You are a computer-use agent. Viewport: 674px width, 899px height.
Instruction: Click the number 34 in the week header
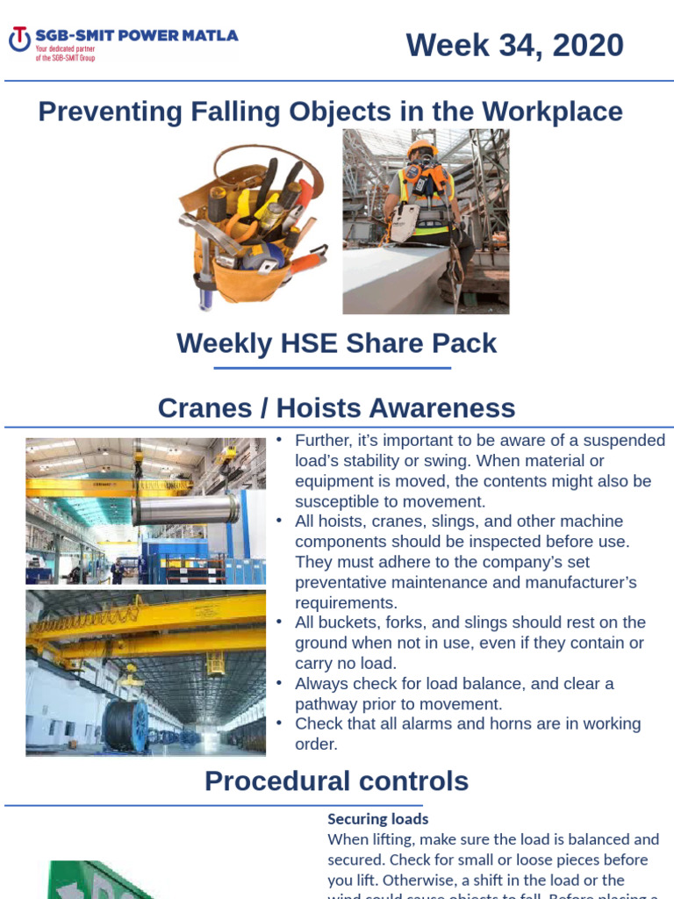click(x=519, y=45)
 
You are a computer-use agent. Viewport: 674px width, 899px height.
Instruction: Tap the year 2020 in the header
click(x=589, y=45)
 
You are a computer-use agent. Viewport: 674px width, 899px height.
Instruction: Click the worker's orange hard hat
click(x=422, y=147)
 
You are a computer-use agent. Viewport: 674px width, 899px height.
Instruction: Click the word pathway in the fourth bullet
click(x=326, y=704)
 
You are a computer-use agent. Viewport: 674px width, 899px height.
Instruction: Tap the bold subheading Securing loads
click(x=377, y=819)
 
